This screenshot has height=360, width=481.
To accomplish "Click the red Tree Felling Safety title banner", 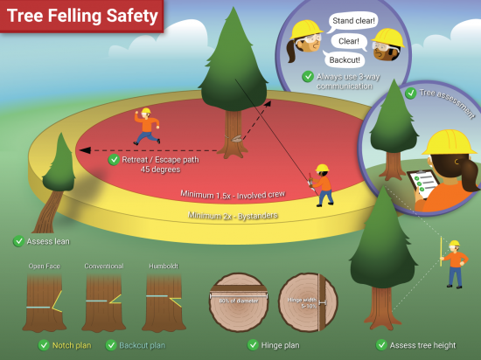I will tap(82, 16).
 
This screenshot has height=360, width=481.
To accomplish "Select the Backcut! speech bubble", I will tap(345, 60).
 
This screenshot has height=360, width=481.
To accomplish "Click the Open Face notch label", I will tap(45, 266).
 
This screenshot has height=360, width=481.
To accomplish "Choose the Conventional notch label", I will tap(104, 266).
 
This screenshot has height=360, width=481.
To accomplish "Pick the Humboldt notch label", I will tap(163, 266).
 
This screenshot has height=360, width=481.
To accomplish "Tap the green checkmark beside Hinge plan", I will tap(253, 344).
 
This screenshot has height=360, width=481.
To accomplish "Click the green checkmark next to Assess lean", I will tap(18, 241).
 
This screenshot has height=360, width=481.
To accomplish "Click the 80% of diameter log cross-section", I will tap(239, 302).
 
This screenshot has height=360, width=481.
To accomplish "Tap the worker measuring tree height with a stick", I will tap(454, 262).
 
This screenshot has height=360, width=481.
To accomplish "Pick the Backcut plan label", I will tap(140, 344).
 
